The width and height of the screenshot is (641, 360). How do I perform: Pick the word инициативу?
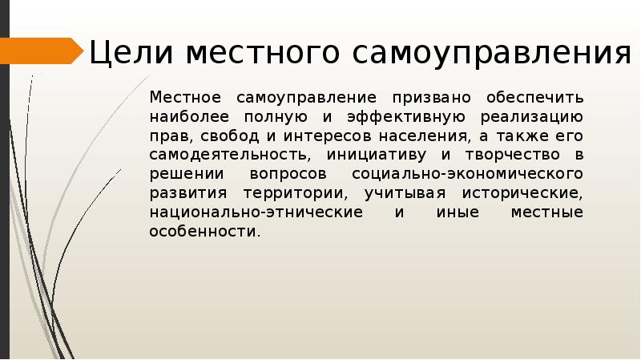point(373,155)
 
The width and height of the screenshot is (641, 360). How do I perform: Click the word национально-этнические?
point(256,212)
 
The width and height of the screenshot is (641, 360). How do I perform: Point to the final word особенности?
point(204,232)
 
